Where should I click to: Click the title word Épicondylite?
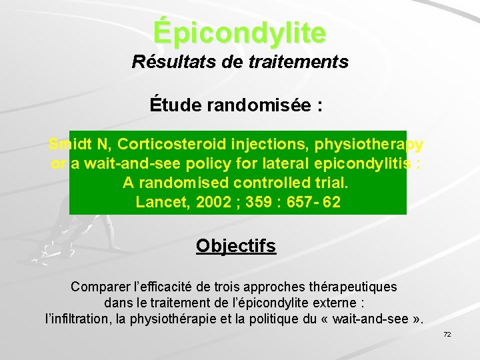pos(239,31)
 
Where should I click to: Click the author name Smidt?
pos(68,145)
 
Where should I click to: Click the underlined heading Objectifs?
pos(236,246)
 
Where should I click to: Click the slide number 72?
pos(447,334)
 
